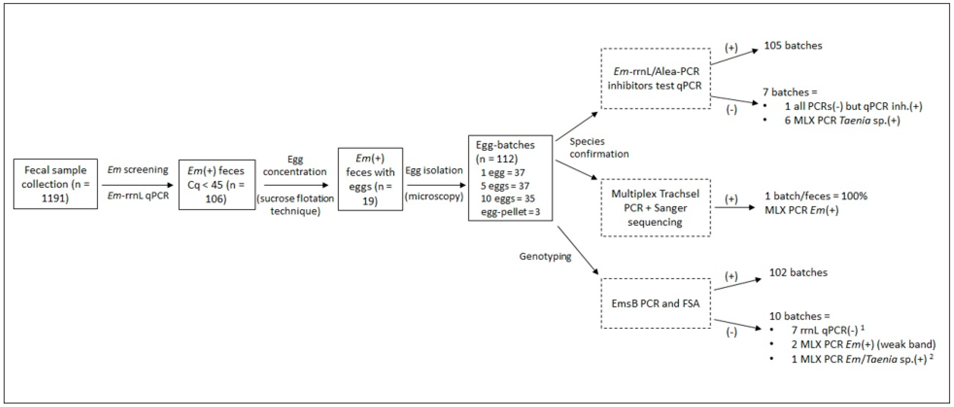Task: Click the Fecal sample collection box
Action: click(x=55, y=184)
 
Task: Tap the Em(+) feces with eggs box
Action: click(x=370, y=179)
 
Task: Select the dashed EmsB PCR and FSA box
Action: click(x=655, y=303)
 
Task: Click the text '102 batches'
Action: click(x=798, y=272)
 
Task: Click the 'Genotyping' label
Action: click(x=545, y=256)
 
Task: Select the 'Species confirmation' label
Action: click(x=599, y=147)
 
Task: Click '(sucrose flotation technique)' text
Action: click(x=295, y=204)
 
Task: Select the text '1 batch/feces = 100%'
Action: click(x=816, y=196)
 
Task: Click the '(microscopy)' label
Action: click(x=434, y=196)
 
